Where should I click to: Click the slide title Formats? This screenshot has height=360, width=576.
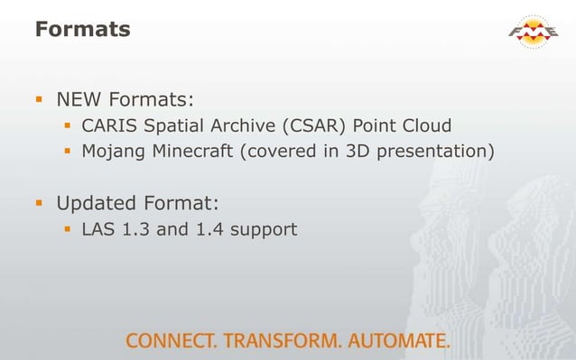coord(82,30)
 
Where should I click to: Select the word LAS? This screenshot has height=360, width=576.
coord(98,229)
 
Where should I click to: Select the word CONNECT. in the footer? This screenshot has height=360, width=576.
coord(171,341)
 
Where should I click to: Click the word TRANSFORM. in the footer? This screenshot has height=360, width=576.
coord(281,341)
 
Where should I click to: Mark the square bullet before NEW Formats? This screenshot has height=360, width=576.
coord(41,97)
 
